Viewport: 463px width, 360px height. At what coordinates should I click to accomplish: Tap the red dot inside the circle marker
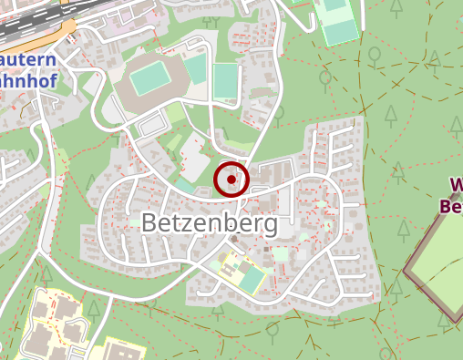231,180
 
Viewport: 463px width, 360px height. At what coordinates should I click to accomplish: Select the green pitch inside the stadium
150,80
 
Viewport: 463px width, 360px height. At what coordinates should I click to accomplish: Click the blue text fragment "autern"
27,60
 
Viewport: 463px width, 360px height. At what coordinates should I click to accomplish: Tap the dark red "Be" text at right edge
451,206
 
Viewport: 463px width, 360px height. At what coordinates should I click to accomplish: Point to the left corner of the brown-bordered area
406,271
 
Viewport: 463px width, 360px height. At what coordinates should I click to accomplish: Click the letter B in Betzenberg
150,221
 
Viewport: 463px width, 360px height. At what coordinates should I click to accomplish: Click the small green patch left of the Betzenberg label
133,222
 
